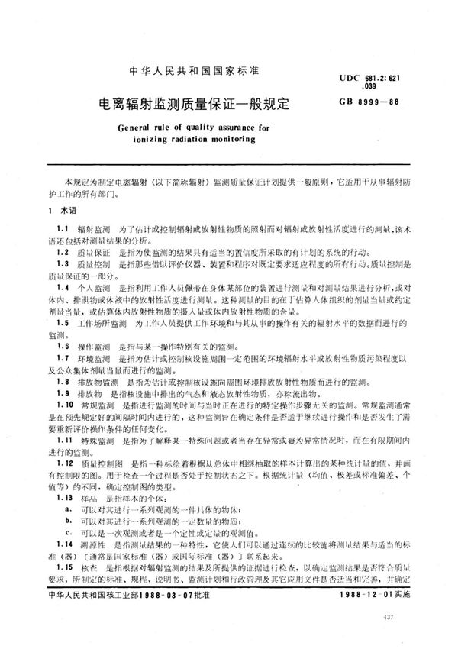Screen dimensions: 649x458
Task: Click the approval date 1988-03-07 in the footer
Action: (x=182, y=616)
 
